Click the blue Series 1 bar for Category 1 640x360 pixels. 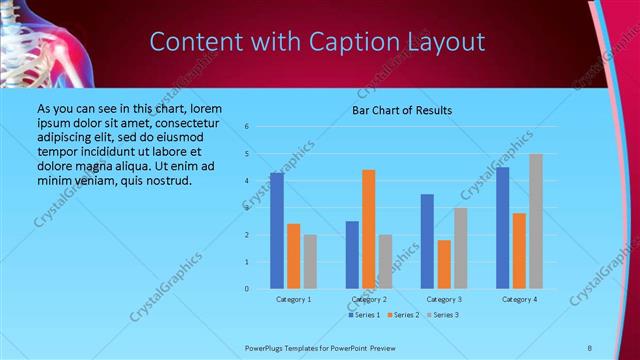coord(277,231)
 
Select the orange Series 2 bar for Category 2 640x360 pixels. coord(369,229)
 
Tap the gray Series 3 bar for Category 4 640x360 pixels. coord(536,221)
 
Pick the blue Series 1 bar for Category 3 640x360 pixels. coord(428,241)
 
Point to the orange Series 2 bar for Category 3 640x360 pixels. coord(444,264)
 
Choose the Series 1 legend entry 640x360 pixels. coord(363,315)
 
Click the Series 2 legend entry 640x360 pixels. coord(403,315)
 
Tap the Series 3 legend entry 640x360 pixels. coord(443,315)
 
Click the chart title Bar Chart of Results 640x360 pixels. coord(402,110)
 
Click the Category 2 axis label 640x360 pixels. coord(369,299)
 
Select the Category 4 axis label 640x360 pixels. coord(519,299)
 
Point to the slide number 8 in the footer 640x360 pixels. coord(590,347)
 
